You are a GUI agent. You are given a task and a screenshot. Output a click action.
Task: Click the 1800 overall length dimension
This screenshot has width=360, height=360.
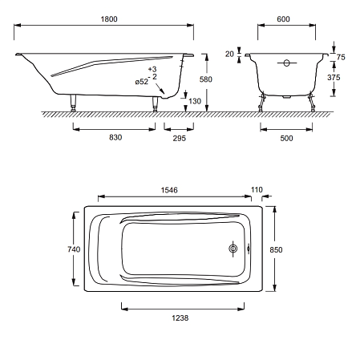point(109,19)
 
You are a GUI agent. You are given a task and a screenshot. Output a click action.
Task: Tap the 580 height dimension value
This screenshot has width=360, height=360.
point(206,79)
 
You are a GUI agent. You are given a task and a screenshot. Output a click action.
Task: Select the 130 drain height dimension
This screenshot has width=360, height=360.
point(195,101)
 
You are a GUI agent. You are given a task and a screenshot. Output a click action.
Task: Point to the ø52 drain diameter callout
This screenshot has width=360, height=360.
point(142,82)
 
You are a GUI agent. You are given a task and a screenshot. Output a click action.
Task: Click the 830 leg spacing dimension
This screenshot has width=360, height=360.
point(115,137)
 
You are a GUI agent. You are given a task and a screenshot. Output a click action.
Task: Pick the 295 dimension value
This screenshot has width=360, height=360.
point(180,138)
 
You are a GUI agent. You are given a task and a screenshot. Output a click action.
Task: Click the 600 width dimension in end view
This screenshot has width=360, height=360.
point(283,19)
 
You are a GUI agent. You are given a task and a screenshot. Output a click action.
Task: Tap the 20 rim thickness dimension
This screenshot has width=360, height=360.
point(229,54)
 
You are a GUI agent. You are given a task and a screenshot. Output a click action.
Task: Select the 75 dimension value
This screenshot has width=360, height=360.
point(341,57)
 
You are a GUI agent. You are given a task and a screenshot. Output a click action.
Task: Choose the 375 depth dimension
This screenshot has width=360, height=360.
point(334,78)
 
